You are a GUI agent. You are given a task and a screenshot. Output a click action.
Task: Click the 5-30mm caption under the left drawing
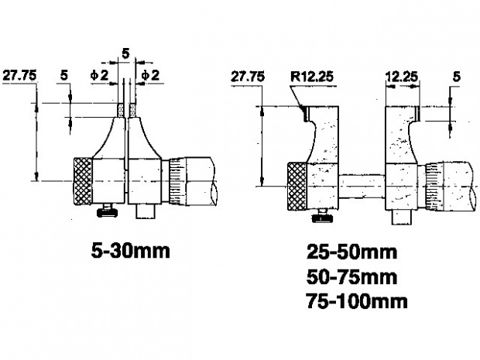click(x=130, y=252)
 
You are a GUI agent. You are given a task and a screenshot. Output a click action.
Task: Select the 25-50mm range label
click(x=351, y=252)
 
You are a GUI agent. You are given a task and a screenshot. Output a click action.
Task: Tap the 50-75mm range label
click(x=351, y=276)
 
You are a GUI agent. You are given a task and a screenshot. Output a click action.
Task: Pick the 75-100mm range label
click(x=357, y=301)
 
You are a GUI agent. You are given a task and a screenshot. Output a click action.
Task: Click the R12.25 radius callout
click(x=312, y=77)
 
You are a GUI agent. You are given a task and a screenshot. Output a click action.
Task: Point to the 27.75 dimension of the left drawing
click(x=19, y=76)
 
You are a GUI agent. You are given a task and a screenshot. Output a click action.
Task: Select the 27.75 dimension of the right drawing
click(x=248, y=77)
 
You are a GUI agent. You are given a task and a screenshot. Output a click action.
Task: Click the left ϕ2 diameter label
click(x=100, y=75)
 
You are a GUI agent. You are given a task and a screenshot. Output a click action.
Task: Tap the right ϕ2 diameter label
click(x=151, y=75)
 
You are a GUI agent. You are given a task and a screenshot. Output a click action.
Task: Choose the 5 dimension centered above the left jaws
click(x=126, y=54)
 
